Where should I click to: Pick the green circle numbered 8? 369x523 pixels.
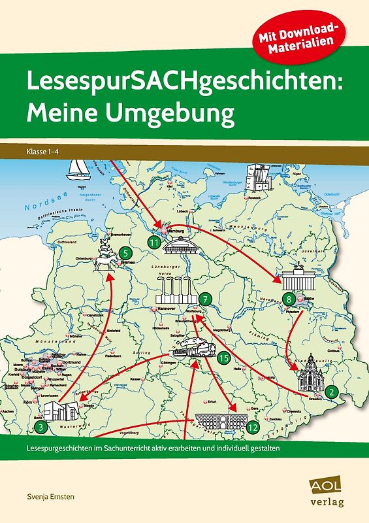[290, 300]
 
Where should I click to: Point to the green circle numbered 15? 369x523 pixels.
[223, 358]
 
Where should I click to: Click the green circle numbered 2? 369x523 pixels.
[332, 392]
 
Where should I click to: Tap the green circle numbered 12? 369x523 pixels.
[253, 426]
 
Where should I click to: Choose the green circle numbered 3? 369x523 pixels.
[41, 428]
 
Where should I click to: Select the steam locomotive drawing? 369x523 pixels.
[197, 348]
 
